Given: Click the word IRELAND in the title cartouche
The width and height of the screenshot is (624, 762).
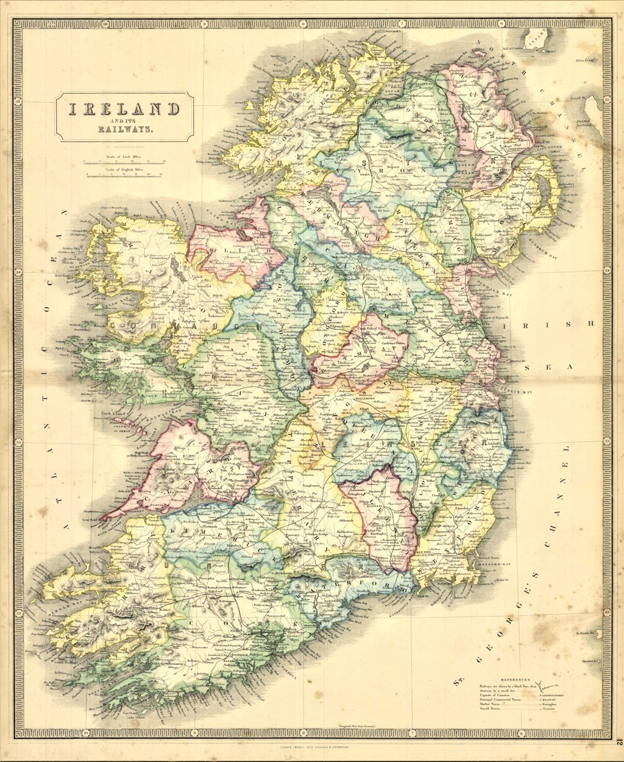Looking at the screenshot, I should click(124, 109).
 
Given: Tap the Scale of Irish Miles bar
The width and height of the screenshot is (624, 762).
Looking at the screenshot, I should click(124, 162).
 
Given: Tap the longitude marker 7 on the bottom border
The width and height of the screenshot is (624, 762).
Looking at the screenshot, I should click(412, 732).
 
